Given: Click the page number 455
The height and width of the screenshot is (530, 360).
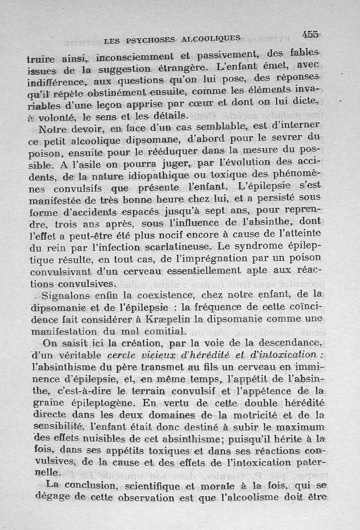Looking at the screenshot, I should (x=310, y=34).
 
